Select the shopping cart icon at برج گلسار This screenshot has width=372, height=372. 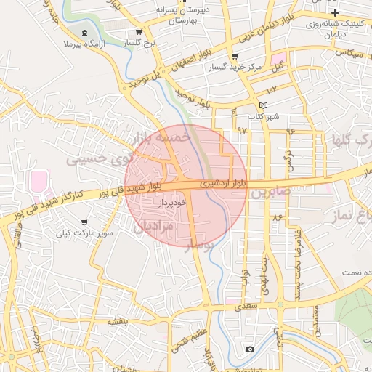139,32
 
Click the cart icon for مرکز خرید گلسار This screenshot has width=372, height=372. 234,57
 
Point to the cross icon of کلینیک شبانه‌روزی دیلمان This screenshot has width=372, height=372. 335,13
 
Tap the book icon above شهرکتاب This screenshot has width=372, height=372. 253,105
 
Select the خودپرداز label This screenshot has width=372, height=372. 173,203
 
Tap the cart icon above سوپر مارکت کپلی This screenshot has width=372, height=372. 84,222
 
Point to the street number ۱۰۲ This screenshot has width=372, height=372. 272,90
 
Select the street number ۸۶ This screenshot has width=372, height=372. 277,217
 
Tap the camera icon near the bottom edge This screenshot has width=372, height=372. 251,349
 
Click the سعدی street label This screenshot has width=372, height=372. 246,307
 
